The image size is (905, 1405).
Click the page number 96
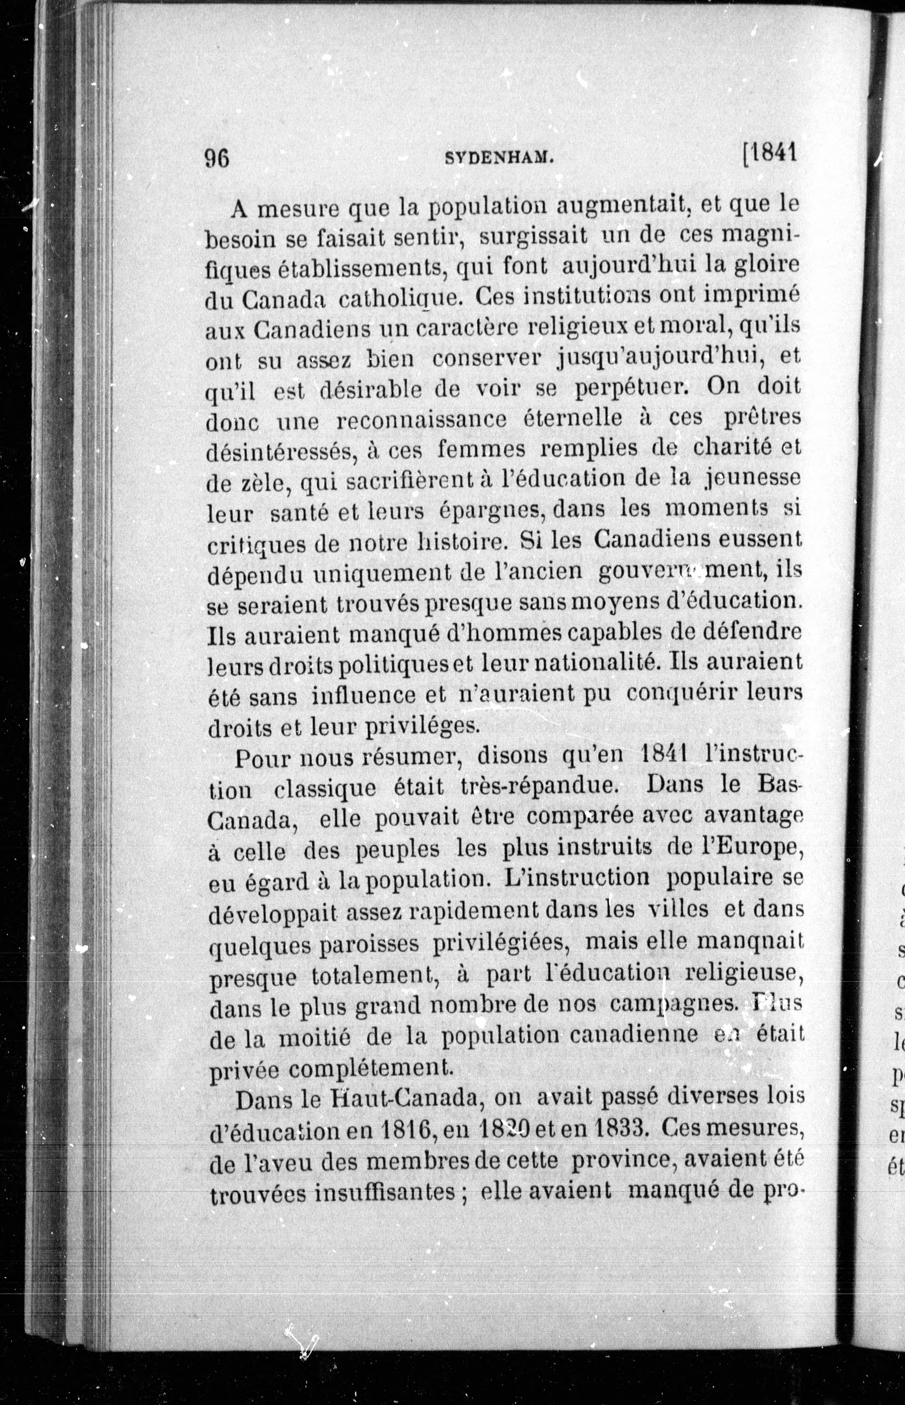pos(217,158)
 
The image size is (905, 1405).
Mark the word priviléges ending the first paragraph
pos(422,727)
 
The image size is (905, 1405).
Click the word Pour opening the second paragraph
pos(262,758)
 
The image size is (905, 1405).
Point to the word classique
pos(324,788)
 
